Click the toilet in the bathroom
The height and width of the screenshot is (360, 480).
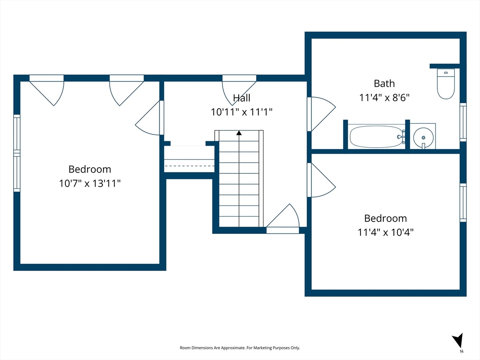click(446, 83)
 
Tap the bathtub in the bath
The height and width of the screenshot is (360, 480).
click(376, 136)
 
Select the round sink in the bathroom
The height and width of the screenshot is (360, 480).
click(423, 138)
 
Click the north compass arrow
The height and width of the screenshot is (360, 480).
click(458, 341)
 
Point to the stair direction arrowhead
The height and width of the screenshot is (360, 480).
click(239, 133)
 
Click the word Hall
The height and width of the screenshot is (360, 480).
click(241, 98)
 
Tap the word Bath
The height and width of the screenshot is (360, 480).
click(384, 83)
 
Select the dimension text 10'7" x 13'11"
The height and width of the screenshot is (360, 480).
click(90, 183)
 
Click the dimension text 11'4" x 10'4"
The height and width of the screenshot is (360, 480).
click(385, 232)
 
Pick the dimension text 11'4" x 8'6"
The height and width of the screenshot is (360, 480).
click(384, 97)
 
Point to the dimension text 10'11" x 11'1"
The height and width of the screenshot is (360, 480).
click(241, 112)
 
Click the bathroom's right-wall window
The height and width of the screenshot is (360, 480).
click(463, 122)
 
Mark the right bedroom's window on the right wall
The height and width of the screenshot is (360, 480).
click(463, 202)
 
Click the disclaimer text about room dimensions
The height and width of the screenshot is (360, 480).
click(240, 348)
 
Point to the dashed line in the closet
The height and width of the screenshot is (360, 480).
click(189, 166)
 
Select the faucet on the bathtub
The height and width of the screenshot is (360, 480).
click(401, 137)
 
